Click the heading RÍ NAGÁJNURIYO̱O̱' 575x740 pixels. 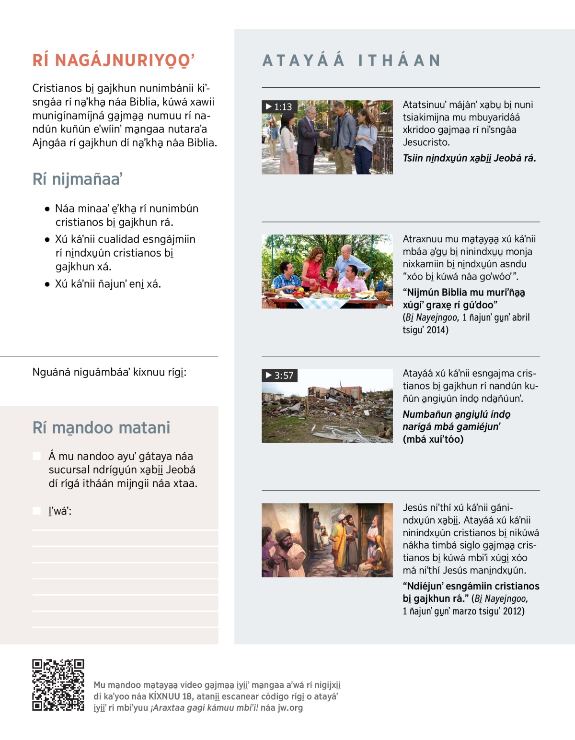click(x=114, y=61)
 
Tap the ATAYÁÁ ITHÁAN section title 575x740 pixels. click(x=351, y=61)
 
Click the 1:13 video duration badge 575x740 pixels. click(x=279, y=107)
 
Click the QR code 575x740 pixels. click(x=58, y=685)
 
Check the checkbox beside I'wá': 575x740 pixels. click(x=37, y=511)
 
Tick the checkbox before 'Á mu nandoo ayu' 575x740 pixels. click(x=37, y=456)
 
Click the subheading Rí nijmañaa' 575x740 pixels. click(x=78, y=179)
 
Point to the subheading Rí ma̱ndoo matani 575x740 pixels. click(x=101, y=428)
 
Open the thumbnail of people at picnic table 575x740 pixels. click(x=327, y=271)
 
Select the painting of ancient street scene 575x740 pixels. click(x=327, y=540)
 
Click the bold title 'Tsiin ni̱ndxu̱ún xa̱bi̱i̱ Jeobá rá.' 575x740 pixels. click(x=469, y=158)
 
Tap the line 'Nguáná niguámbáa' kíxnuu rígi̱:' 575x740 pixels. click(x=109, y=372)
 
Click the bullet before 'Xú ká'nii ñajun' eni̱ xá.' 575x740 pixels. click(x=47, y=284)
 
